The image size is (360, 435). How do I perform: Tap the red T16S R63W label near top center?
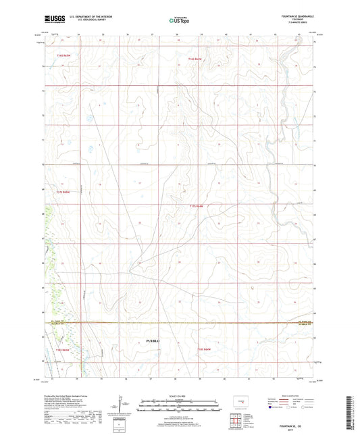coord(195,60)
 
